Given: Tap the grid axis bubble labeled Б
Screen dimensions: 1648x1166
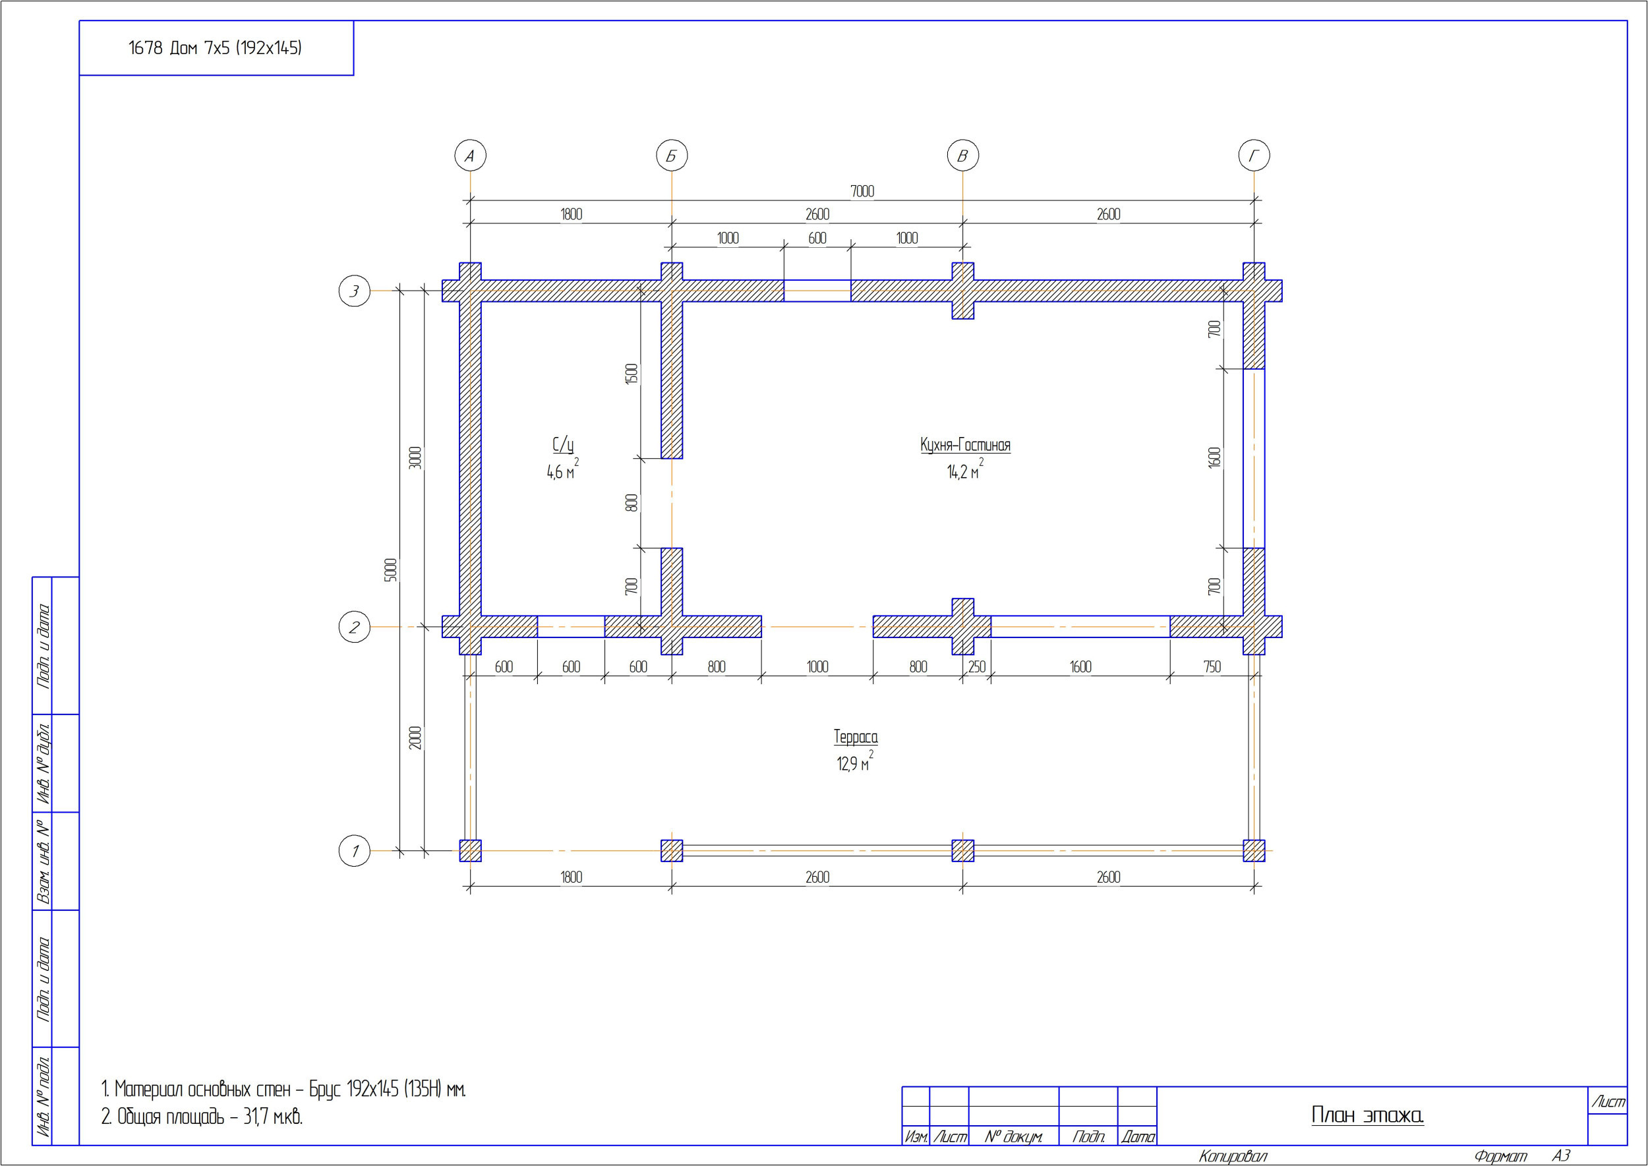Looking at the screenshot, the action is coord(672,156).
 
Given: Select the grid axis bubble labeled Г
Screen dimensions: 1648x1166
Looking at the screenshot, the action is coord(1254,156).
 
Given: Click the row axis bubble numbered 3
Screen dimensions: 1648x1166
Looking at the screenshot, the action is coord(354,291).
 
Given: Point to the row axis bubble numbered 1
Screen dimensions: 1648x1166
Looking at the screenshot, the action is coord(354,851).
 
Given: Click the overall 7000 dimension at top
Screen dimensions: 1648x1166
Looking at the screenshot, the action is coord(862,191).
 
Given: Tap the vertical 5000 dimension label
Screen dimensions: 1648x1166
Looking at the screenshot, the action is coord(391,570).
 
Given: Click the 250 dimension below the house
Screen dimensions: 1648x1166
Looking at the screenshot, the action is coord(976,666).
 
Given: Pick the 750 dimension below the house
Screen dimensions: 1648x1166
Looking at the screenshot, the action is coord(1212,666).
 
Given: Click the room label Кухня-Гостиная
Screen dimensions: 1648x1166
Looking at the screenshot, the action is coord(965,445).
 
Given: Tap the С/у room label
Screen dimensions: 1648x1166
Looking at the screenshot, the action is coord(563,445).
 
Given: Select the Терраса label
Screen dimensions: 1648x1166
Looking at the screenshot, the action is coord(855,737).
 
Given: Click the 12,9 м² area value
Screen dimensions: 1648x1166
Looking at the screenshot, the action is coord(854,762).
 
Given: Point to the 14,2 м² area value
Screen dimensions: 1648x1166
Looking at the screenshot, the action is coord(965,470).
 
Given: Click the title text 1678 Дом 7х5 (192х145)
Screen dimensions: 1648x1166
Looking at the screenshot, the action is coord(215,48).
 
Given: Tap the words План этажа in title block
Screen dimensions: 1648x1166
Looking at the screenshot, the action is coord(1367,1115).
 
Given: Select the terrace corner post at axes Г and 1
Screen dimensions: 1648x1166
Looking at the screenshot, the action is coord(1254,851).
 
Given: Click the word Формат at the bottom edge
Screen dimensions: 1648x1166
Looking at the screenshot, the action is coord(1500,1156).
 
